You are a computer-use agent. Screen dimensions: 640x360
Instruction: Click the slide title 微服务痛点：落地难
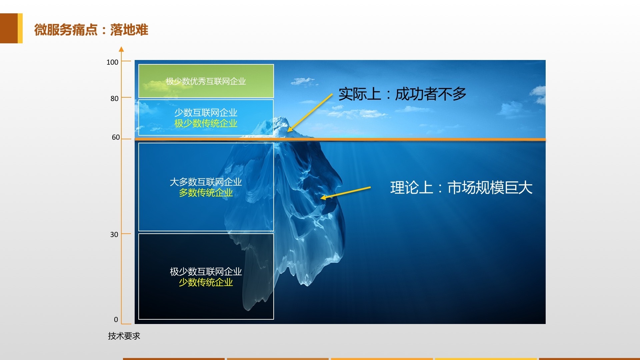tap(91, 30)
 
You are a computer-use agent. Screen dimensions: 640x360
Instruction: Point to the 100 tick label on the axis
tap(112, 62)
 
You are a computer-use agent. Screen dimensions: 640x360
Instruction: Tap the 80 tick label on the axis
tap(114, 98)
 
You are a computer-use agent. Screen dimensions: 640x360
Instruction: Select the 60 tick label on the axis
tap(116, 137)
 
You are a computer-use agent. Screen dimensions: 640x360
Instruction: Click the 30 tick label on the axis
tap(114, 234)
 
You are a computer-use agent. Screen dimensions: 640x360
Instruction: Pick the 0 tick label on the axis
tap(116, 319)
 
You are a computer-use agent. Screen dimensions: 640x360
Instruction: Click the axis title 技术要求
tap(124, 336)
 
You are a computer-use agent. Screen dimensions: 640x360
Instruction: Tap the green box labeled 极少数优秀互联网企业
tap(206, 81)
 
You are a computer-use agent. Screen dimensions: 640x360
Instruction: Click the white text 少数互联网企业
tap(206, 113)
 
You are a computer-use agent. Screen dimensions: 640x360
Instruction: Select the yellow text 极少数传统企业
tap(206, 123)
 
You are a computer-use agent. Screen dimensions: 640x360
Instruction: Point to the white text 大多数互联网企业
tap(206, 182)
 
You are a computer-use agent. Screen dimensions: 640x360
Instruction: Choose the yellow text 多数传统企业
tap(206, 193)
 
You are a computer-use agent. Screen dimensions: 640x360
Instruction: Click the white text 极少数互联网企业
tap(206, 272)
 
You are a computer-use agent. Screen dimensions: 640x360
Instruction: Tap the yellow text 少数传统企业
tap(206, 282)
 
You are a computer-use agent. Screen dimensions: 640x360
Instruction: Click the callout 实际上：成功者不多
tap(402, 94)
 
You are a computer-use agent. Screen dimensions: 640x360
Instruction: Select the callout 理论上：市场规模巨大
tap(461, 187)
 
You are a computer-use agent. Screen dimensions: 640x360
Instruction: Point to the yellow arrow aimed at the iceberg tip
tap(310, 113)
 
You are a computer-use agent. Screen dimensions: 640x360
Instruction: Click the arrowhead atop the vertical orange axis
tap(121, 49)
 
